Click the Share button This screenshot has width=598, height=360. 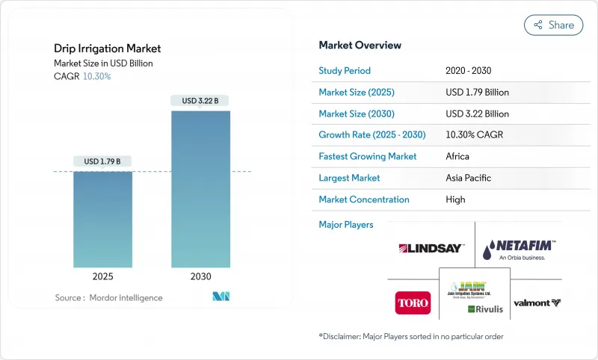[x=553, y=25]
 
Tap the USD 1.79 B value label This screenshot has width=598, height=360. [x=102, y=161]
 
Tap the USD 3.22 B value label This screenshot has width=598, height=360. [x=200, y=101]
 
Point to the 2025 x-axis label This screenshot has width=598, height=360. [x=102, y=276]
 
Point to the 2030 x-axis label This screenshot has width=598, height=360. [x=200, y=276]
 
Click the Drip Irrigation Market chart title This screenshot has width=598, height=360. [x=107, y=49]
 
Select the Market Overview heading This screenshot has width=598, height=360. [x=360, y=46]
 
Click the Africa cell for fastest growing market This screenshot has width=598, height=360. [x=457, y=157]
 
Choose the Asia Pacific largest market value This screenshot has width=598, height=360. [x=468, y=178]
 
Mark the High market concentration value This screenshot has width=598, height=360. [x=455, y=199]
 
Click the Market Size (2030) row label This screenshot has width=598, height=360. [x=357, y=114]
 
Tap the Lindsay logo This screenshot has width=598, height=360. [x=431, y=248]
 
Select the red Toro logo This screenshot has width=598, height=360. [x=413, y=303]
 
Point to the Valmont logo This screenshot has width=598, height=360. [x=537, y=303]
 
